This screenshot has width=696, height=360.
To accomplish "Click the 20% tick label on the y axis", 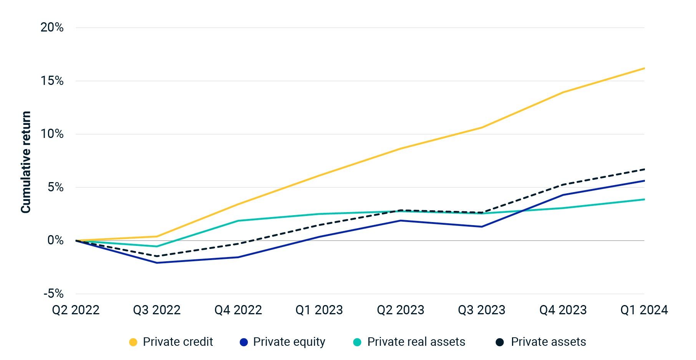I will tap(52, 27).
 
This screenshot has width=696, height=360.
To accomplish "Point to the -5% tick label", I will tap(53, 294).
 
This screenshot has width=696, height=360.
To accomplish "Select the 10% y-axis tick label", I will tap(52, 134).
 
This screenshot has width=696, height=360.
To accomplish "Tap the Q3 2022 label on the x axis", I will tap(157, 310).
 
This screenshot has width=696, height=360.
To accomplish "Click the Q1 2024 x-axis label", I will tap(644, 310).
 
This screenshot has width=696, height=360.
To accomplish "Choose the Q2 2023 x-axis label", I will tap(400, 310).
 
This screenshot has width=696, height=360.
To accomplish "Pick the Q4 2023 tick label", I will tap(563, 310).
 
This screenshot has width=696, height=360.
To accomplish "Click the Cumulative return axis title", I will tap(26, 162).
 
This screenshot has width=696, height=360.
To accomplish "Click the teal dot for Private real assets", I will tap(357, 342).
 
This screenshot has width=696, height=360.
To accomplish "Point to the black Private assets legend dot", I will tap(500, 342).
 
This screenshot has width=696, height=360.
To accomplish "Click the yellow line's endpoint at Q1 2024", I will tap(644, 68).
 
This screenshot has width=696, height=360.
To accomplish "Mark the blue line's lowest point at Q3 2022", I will tap(157, 263).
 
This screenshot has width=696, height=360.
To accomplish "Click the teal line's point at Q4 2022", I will tap(238, 221).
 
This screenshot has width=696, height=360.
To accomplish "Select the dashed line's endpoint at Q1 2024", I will tap(644, 169).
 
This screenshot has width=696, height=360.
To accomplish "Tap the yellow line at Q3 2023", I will tap(482, 128).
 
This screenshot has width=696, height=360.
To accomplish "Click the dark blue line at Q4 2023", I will tap(563, 195).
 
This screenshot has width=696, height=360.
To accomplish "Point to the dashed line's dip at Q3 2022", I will tap(157, 256).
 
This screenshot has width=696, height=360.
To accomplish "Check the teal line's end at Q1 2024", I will tap(644, 199).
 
